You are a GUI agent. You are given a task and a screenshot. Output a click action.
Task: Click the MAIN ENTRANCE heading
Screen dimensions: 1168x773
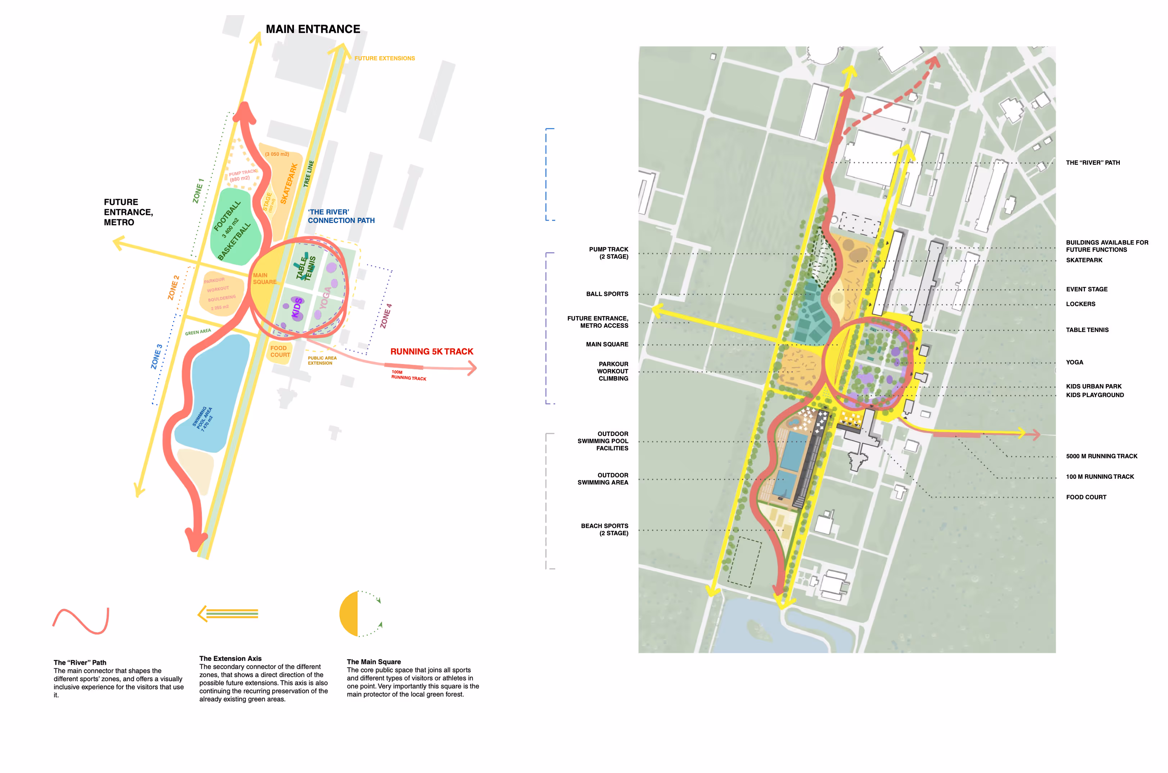pyautogui.click(x=313, y=29)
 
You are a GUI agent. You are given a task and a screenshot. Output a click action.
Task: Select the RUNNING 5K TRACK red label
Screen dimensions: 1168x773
pyautogui.click(x=431, y=351)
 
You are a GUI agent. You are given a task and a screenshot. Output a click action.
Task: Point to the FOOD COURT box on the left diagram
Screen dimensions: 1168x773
pyautogui.click(x=280, y=351)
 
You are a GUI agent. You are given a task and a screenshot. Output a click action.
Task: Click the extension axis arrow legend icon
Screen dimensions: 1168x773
pyautogui.click(x=228, y=614)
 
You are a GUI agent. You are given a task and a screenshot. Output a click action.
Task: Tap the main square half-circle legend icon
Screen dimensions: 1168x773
pyautogui.click(x=360, y=614)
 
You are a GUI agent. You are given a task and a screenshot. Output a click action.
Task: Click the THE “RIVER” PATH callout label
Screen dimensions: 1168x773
pyautogui.click(x=1092, y=163)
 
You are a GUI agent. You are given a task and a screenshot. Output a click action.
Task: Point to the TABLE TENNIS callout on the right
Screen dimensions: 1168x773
pyautogui.click(x=1087, y=330)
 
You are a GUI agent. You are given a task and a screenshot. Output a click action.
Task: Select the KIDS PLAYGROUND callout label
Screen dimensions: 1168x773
pyautogui.click(x=1095, y=395)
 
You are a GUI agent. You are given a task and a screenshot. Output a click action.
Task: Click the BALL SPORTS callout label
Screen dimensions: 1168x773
pyautogui.click(x=607, y=294)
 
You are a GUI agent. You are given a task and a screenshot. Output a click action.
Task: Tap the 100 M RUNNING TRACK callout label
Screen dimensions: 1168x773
pyautogui.click(x=1100, y=477)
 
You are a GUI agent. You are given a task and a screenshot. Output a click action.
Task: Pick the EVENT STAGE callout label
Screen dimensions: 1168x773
pyautogui.click(x=1086, y=290)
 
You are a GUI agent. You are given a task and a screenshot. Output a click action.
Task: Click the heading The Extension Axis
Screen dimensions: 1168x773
pyautogui.click(x=230, y=659)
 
